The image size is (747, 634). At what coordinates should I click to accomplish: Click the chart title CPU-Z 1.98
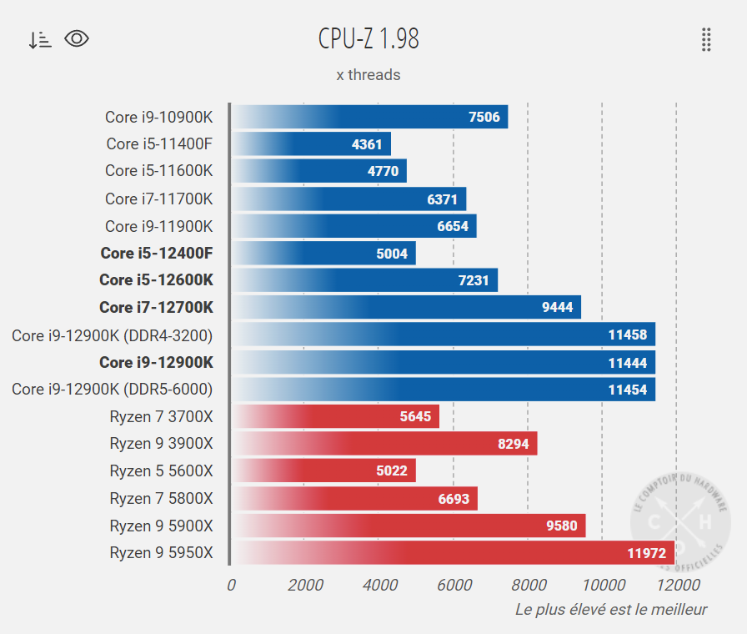pos(368,38)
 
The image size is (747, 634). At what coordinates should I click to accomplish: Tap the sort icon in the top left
pos(39,39)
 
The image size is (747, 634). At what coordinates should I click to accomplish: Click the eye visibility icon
pos(77,38)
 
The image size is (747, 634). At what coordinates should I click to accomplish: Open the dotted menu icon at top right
pos(706,39)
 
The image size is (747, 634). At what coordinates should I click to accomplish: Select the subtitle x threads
pos(368,75)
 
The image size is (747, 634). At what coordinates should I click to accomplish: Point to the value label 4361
pos(367,144)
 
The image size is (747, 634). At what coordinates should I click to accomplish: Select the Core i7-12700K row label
pos(156,307)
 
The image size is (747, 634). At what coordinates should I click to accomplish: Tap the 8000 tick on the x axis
pos(529,585)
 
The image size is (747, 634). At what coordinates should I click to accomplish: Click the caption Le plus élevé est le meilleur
pos(611,609)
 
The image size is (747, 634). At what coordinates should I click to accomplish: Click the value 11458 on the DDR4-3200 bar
pos(627,335)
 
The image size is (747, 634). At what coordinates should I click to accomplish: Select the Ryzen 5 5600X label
pos(161,470)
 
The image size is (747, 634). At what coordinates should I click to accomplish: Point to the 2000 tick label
pos(305,585)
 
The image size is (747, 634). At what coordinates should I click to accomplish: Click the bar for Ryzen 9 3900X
pos(384,444)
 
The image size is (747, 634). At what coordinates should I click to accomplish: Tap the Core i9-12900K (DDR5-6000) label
pos(113,389)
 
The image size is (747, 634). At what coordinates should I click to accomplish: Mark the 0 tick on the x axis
pos(231,585)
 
